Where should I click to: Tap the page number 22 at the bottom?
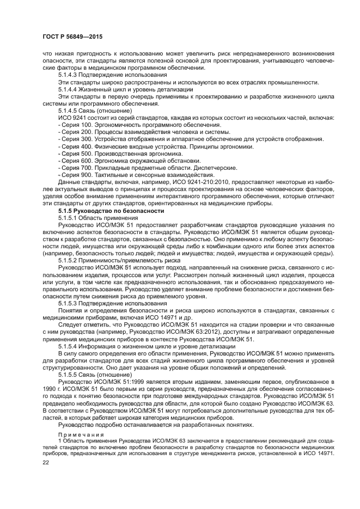(x=45, y=462)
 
